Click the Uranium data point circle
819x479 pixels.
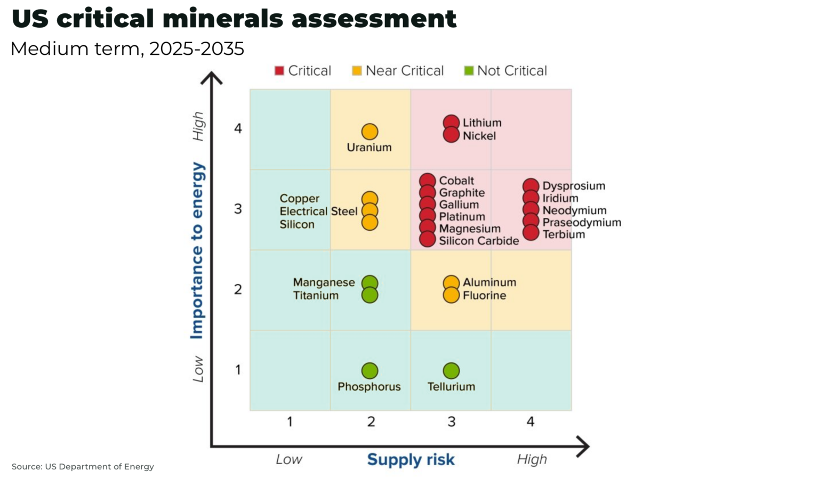tap(370, 132)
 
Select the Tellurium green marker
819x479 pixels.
tap(451, 370)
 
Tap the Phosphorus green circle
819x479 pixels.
tap(370, 370)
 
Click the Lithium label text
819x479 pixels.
tap(482, 123)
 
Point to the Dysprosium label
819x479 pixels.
tap(574, 186)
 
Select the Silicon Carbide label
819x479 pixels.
tap(479, 241)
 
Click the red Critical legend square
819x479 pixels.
tap(279, 71)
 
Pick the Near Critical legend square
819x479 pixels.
tap(357, 71)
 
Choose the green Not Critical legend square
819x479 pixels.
tap(469, 71)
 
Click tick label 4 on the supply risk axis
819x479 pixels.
tap(530, 422)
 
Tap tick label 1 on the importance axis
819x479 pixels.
tap(238, 370)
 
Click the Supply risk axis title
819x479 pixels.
tap(411, 459)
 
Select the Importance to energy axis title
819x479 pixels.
tap(197, 250)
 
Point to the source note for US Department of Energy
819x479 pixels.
tap(83, 467)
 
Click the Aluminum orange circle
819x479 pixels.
tap(451, 283)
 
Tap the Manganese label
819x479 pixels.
tap(324, 282)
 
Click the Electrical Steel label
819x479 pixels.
tap(318, 212)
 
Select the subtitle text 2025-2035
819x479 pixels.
tap(196, 49)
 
